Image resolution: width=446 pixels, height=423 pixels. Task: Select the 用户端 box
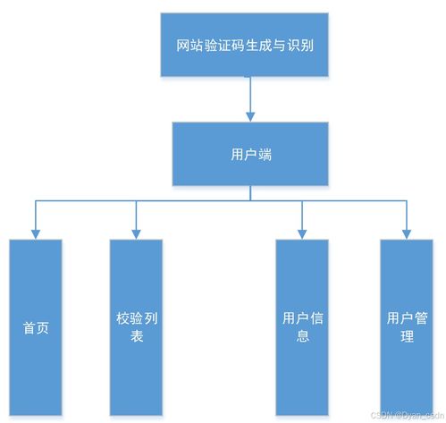click(250, 154)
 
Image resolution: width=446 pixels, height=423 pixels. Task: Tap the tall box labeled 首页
click(36, 326)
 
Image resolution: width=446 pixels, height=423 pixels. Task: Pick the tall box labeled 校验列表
click(136, 326)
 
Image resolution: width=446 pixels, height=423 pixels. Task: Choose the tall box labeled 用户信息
click(302, 326)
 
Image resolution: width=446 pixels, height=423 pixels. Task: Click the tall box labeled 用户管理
click(407, 326)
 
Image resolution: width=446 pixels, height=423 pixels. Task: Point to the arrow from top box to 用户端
click(250, 99)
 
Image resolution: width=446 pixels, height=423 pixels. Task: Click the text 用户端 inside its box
click(250, 154)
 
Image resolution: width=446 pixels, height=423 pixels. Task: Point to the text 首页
click(36, 326)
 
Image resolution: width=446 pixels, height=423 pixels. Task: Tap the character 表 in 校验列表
click(136, 337)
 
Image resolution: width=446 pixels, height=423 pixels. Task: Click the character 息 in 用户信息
click(302, 337)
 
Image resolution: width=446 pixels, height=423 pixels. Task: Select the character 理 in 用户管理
click(407, 337)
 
